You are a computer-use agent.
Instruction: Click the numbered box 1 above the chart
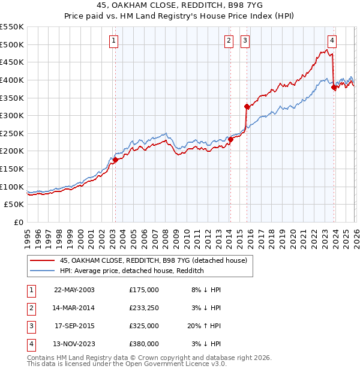point(114,41)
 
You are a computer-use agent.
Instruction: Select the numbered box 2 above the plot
point(229,41)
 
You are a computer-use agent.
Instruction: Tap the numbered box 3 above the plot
point(245,41)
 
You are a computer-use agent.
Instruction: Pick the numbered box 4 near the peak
point(332,41)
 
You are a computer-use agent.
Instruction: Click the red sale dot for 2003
point(115,160)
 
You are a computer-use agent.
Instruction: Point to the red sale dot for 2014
point(230,139)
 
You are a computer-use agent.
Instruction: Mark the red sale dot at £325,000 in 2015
point(246,106)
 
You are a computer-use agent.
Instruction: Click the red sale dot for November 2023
point(333,87)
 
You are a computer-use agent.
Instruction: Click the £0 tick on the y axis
point(19,222)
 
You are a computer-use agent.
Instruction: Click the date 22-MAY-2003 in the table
point(74,290)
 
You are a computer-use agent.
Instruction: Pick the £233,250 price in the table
point(144,308)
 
